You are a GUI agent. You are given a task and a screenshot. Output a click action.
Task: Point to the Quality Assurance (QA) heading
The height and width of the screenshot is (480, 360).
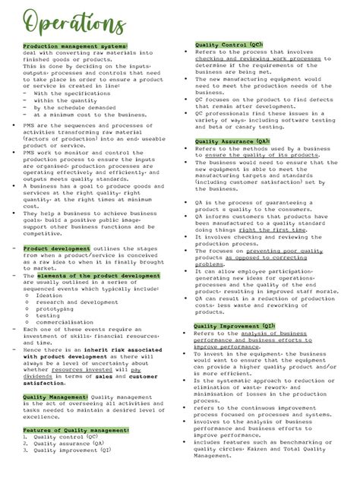click(232, 141)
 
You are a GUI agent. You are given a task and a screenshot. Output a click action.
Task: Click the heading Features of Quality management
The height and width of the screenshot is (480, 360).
click(76, 430)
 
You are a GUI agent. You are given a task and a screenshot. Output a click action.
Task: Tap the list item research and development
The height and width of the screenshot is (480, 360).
click(77, 302)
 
